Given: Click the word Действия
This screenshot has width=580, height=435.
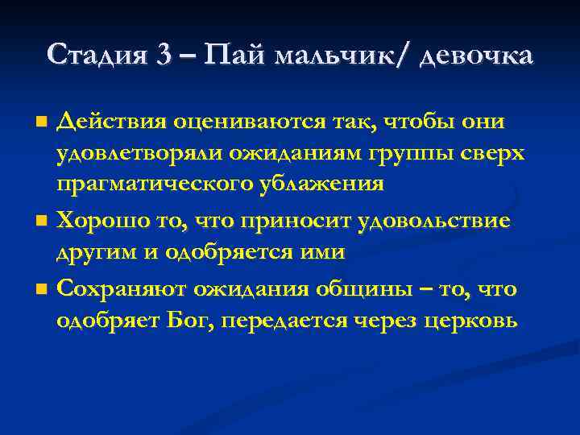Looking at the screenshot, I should click(111, 122).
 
